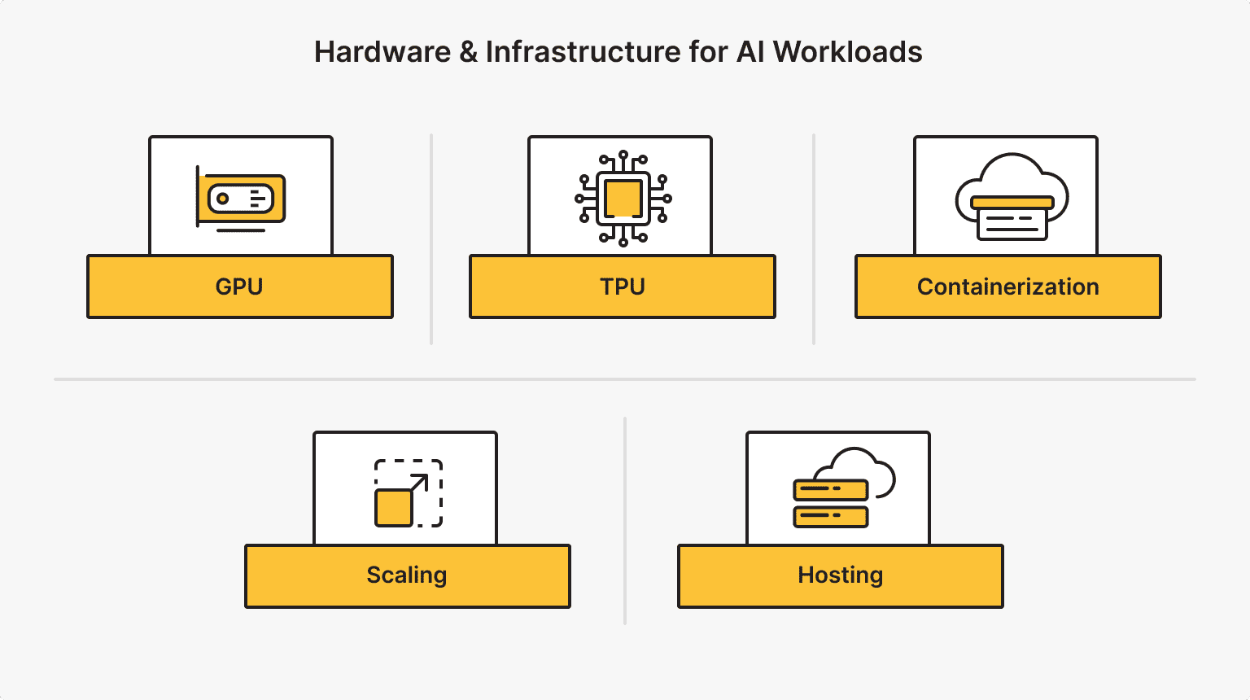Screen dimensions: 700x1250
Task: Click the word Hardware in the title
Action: point(382,52)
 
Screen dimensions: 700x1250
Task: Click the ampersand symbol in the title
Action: point(468,52)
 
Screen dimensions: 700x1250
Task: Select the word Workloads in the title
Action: point(847,52)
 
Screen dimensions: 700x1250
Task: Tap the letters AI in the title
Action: point(750,52)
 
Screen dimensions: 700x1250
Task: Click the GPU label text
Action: point(239,287)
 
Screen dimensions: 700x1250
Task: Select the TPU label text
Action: point(623,287)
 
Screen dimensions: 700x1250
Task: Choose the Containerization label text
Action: point(1007,287)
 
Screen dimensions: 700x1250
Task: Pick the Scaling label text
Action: point(407,575)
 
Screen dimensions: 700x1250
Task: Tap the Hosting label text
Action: point(840,575)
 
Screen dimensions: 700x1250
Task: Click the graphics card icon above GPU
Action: point(241,199)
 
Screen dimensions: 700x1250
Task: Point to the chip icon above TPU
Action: point(623,198)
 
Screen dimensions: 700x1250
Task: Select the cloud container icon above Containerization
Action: point(1012,198)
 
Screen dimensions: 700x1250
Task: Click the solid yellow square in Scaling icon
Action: point(393,508)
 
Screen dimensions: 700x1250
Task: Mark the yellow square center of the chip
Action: point(623,199)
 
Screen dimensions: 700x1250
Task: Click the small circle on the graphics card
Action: point(222,199)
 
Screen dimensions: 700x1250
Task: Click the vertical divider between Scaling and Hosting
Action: point(625,521)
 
